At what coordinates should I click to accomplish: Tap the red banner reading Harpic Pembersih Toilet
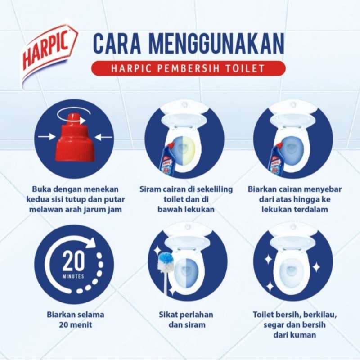188,68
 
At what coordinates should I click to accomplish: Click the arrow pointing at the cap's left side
45,135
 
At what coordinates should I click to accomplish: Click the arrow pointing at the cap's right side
104,135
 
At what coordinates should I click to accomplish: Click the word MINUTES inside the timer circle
73,276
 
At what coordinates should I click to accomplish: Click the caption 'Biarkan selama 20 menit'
73,319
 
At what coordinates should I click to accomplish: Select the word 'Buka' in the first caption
41,189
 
